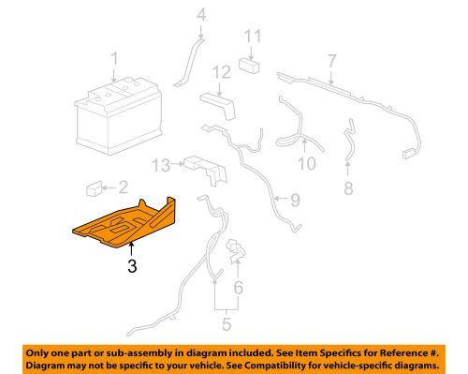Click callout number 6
pyautogui.click(x=238, y=288)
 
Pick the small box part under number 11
pyautogui.click(x=250, y=66)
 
